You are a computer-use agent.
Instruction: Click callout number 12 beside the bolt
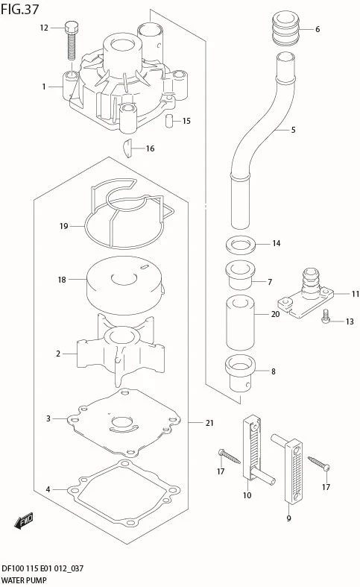coord(44,28)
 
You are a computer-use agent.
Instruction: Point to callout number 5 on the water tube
coord(293,130)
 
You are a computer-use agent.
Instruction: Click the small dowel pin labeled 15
coord(169,120)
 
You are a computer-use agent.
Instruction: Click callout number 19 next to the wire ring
coord(63,226)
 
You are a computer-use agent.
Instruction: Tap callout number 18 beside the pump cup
coord(63,280)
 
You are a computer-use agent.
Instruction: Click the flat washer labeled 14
coord(239,244)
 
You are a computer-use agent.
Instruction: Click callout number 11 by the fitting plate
coord(356,294)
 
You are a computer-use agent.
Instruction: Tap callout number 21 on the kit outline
coord(209,423)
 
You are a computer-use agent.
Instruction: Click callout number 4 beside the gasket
coord(48,489)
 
